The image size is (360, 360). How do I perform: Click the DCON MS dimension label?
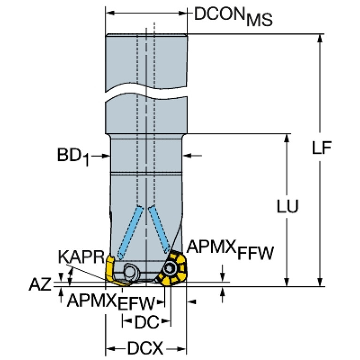[233, 16]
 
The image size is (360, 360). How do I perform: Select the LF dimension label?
[322, 148]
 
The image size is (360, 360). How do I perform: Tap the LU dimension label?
[287, 206]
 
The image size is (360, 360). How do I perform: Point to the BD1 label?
[73, 157]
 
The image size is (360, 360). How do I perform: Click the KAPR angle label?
[82, 257]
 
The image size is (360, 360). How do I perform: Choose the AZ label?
[40, 284]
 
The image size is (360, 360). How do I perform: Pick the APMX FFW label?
[230, 250]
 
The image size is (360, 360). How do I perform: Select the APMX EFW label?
[111, 302]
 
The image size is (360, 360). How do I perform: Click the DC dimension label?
[147, 322]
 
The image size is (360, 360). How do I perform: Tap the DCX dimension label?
[146, 348]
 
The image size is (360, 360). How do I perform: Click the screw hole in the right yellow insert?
[170, 268]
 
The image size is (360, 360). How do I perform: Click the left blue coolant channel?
[130, 232]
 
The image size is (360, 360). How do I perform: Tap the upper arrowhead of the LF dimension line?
[320, 38]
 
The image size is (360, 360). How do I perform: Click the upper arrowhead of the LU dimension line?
[286, 138]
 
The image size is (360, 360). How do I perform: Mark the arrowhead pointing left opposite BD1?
[187, 156]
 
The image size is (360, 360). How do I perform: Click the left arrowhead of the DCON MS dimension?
[110, 13]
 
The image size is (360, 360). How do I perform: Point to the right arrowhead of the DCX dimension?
[181, 349]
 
